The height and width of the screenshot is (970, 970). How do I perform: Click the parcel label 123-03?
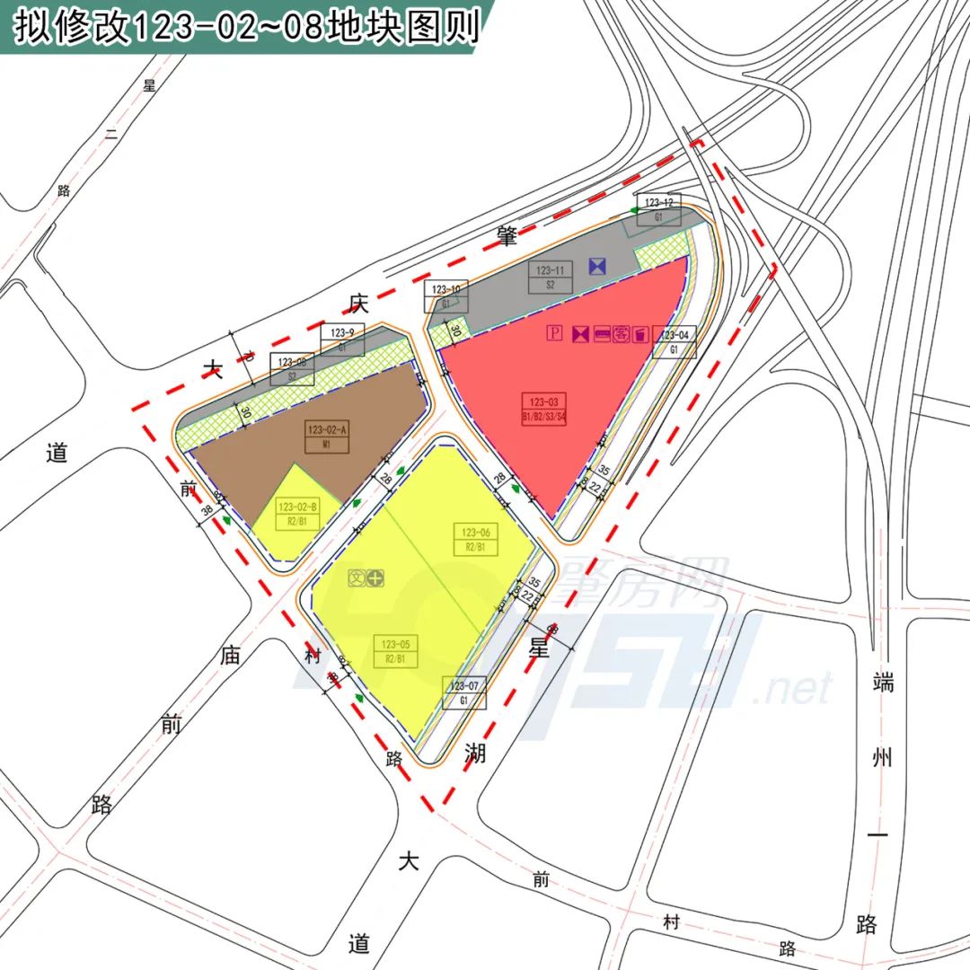click(544, 408)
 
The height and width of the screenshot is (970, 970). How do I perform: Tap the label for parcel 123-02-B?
click(297, 515)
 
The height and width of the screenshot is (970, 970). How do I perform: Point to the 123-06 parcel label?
click(475, 539)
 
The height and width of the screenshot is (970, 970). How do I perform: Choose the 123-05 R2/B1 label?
click(395, 651)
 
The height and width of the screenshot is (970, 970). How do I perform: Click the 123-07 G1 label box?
click(464, 692)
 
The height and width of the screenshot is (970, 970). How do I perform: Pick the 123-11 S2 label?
click(550, 277)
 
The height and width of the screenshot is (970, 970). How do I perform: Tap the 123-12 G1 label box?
click(658, 209)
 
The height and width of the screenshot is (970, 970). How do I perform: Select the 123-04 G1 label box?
click(675, 342)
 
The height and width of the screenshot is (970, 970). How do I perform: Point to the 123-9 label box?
click(342, 339)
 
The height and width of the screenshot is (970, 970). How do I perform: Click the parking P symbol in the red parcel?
click(555, 334)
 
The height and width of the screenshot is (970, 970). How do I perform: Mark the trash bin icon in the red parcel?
click(639, 334)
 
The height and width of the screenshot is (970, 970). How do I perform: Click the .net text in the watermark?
click(794, 689)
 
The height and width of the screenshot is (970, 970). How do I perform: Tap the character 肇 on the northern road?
click(507, 236)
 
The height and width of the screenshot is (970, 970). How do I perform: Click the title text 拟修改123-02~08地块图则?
click(242, 25)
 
